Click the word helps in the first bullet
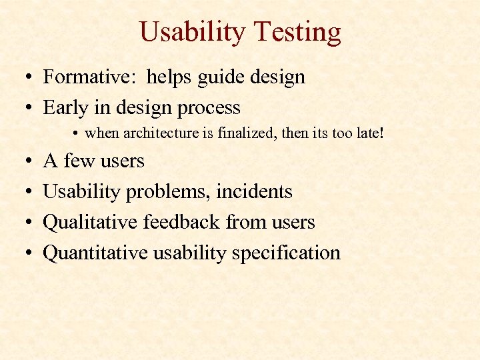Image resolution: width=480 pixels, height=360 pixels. [168, 77]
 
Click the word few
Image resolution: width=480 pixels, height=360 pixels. [79, 161]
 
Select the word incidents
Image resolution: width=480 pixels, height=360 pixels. [259, 192]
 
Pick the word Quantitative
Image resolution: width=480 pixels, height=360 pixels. [95, 253]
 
